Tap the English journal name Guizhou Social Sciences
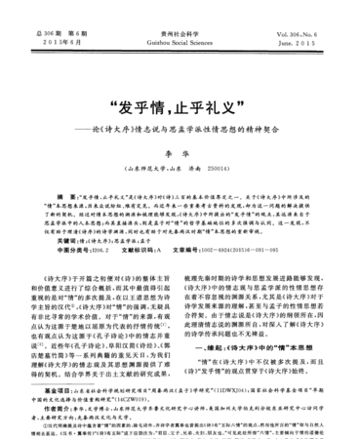pyautogui.click(x=181, y=18)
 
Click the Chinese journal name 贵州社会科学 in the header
pyautogui.click(x=180, y=7)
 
